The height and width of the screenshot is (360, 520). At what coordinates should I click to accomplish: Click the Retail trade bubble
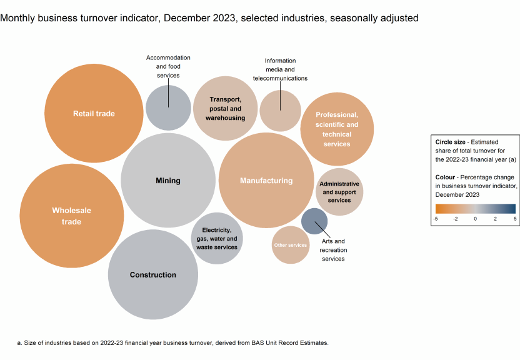(94, 113)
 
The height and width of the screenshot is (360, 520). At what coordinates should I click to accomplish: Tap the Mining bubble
(167, 181)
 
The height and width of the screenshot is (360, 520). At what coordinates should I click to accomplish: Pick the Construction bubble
(152, 274)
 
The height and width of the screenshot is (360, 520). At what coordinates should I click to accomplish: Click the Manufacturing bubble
(266, 181)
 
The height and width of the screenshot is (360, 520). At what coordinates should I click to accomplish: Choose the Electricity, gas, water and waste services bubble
(217, 238)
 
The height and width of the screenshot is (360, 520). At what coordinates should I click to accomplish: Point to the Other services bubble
(291, 245)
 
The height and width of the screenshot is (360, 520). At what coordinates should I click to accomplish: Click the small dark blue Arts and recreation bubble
(314, 221)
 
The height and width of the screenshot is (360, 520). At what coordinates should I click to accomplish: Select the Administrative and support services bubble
(339, 192)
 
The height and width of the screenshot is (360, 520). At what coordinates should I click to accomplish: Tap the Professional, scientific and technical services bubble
(337, 129)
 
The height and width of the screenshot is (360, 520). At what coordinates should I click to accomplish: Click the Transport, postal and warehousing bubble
(225, 109)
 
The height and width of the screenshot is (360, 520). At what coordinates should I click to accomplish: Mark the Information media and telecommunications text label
(280, 69)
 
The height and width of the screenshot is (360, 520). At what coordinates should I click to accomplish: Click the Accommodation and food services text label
(168, 66)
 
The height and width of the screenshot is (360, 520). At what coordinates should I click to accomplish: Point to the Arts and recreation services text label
(333, 250)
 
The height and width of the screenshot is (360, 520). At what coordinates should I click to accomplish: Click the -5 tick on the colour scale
(436, 219)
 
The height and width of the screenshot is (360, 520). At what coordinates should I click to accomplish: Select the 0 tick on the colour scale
(475, 219)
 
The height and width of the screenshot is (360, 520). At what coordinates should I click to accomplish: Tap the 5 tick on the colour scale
(515, 219)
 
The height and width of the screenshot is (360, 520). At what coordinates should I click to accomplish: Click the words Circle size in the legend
(449, 142)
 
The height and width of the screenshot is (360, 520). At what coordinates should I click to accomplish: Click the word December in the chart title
(182, 18)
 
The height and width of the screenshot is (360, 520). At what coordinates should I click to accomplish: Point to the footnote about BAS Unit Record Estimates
(172, 343)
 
